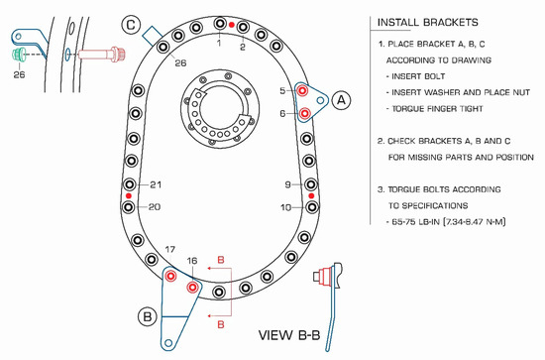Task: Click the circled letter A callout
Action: coord(341,100)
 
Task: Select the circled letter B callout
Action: coord(148,316)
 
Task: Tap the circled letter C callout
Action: coord(131,25)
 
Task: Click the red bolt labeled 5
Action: coord(302,91)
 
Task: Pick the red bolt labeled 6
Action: coord(304,113)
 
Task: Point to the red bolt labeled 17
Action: coord(170,276)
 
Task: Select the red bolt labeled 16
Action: coord(192,288)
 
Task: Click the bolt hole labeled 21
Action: coord(130,184)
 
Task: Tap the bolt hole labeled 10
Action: coord(312,207)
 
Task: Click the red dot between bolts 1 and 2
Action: coord(232,25)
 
